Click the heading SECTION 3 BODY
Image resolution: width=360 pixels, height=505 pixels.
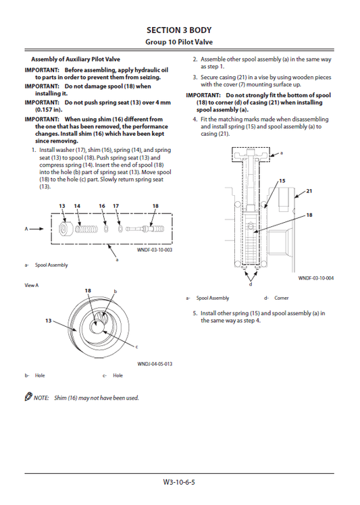pos(180,30)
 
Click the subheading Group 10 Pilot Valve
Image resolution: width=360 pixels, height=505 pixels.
pos(180,42)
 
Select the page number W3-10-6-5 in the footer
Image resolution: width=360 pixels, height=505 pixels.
pos(180,483)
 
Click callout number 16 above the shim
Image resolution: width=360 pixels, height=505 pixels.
pos(102,205)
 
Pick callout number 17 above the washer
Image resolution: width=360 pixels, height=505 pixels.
pos(115,205)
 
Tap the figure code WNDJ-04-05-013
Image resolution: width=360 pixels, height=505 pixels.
pos(155,363)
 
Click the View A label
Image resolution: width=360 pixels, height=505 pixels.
pos(32,285)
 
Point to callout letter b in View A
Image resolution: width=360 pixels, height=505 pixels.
pos(115,291)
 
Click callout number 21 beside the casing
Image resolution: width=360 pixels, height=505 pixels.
pos(309,191)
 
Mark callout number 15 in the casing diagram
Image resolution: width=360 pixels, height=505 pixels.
pos(282,181)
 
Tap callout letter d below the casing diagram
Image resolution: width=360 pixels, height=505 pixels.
pos(251,284)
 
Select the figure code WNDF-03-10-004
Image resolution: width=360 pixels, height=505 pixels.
pos(316,277)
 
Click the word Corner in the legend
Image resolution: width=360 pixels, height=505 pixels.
pos(280,298)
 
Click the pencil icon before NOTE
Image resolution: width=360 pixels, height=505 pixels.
pos(28,397)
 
